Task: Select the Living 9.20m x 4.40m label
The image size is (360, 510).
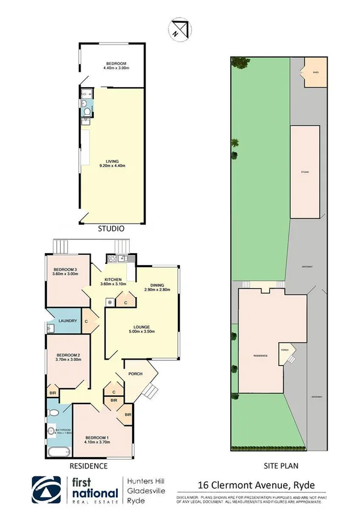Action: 114,162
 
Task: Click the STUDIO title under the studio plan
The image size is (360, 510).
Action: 111,229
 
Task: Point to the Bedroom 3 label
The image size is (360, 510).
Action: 66,272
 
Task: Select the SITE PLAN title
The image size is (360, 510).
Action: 281,465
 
